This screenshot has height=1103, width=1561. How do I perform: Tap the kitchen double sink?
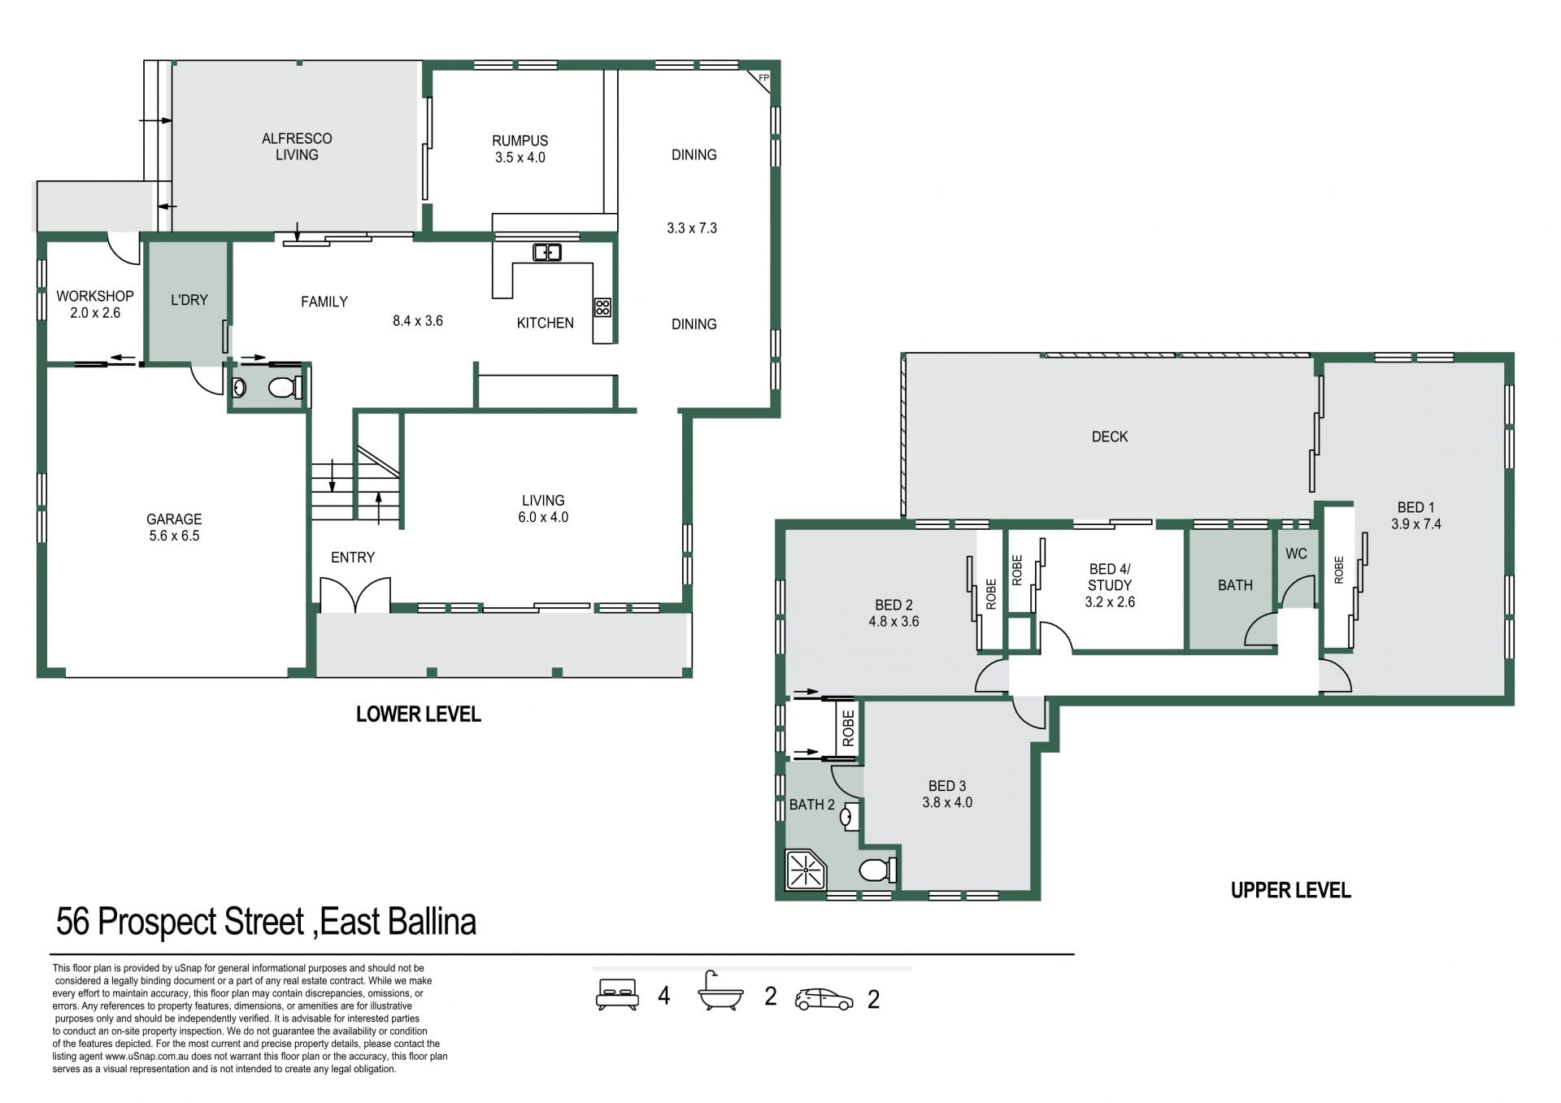pyautogui.click(x=547, y=252)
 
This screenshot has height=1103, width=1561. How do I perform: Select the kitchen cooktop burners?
pyautogui.click(x=602, y=307)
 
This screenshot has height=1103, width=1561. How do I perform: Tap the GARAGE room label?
pyautogui.click(x=174, y=519)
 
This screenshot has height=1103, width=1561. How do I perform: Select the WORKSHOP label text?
pyautogui.click(x=95, y=297)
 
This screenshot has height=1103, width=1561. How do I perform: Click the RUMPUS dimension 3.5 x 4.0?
pyautogui.click(x=520, y=158)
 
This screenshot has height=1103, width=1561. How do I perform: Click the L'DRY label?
pyautogui.click(x=189, y=300)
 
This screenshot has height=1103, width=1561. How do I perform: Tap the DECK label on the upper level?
pyautogui.click(x=1110, y=436)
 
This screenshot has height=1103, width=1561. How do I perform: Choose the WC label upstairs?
pyautogui.click(x=1297, y=554)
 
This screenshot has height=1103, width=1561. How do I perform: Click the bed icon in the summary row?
pyautogui.click(x=616, y=994)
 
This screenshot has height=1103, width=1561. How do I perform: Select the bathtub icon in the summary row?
pyautogui.click(x=721, y=991)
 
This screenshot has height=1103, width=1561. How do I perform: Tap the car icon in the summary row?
pyautogui.click(x=824, y=999)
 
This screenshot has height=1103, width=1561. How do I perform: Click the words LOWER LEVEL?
pyautogui.click(x=419, y=714)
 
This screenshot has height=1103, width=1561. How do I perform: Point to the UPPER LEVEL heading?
pyautogui.click(x=1291, y=890)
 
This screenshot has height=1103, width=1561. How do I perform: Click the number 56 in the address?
pyautogui.click(x=72, y=923)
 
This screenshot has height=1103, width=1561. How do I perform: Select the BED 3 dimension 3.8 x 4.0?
pyautogui.click(x=947, y=802)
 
